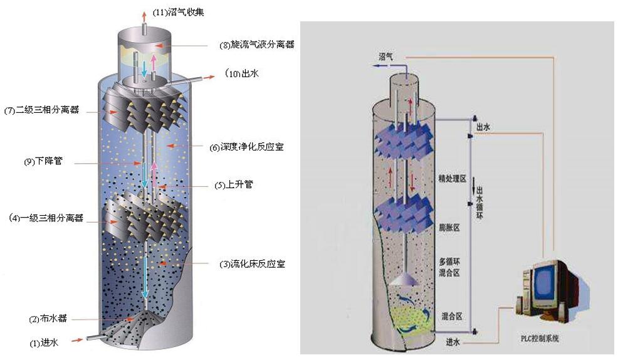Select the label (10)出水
(243, 74)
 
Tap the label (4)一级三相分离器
(46, 218)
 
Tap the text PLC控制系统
(540, 339)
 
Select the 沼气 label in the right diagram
(386, 56)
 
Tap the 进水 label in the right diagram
(453, 342)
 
